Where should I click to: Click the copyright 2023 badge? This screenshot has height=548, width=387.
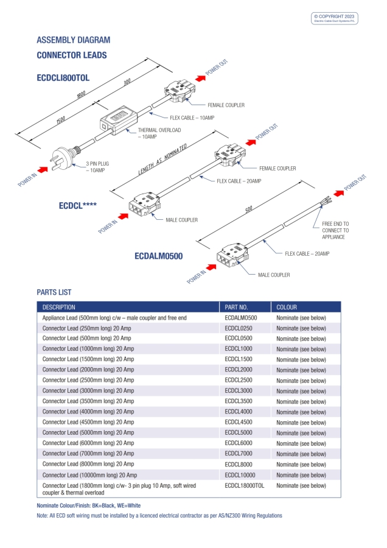tap(335, 18)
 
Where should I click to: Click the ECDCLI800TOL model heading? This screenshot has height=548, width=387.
tap(63, 78)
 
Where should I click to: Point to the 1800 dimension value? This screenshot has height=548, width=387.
tap(81, 95)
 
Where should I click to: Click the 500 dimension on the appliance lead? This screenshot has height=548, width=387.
tap(248, 210)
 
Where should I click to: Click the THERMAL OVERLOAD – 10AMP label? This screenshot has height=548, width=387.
tap(156, 133)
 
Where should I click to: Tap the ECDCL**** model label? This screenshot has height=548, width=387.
tap(78, 205)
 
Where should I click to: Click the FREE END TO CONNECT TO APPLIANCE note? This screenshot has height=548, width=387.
tap(335, 230)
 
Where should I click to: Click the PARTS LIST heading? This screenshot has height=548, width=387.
tap(54, 292)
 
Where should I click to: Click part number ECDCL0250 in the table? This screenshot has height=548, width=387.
tap(239, 328)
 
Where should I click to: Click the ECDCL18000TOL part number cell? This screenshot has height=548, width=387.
tap(245, 485)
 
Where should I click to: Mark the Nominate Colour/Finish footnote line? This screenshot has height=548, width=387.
tap(89, 505)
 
